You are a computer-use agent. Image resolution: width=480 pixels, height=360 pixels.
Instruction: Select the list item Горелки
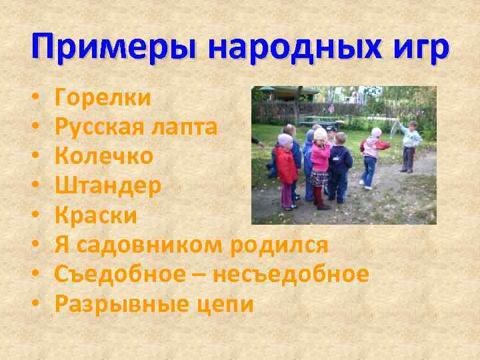point(103,98)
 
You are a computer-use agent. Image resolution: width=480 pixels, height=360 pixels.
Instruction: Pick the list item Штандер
point(107,185)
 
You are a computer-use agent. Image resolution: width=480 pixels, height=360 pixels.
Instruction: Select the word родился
point(280,245)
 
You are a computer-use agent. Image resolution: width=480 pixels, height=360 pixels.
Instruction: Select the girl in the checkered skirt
point(321,167)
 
